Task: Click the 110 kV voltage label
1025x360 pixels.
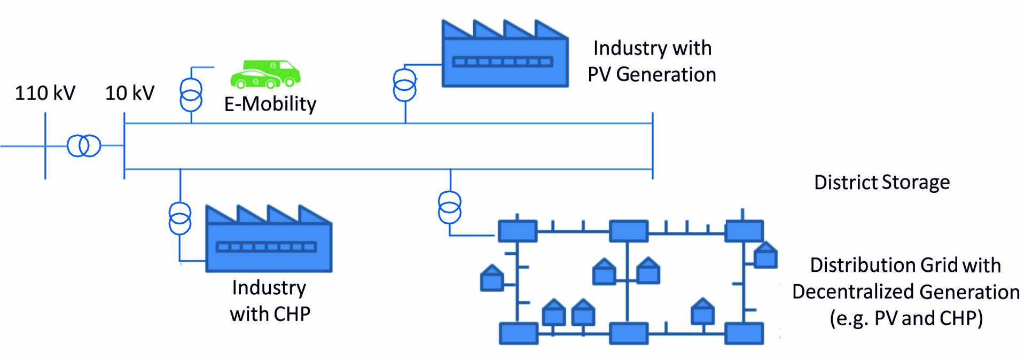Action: point(45,93)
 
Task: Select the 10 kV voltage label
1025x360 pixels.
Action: point(129,93)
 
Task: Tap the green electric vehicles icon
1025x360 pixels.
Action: point(265,74)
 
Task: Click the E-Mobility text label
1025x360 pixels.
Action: point(270,104)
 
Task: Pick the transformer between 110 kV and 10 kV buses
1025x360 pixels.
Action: point(84,146)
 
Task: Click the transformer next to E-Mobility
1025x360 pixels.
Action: point(191,94)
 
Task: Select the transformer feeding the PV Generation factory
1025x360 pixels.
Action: point(405,84)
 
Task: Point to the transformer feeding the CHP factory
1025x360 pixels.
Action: point(180,218)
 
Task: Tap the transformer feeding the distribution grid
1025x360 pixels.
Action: point(450,207)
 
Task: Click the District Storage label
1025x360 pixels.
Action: point(882,183)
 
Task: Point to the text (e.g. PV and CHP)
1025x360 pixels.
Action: point(906,318)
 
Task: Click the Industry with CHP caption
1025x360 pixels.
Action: point(270,301)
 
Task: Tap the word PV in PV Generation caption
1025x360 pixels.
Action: point(599,74)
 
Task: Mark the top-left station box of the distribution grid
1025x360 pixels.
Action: point(517,231)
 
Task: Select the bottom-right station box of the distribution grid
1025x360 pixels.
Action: point(744,333)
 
